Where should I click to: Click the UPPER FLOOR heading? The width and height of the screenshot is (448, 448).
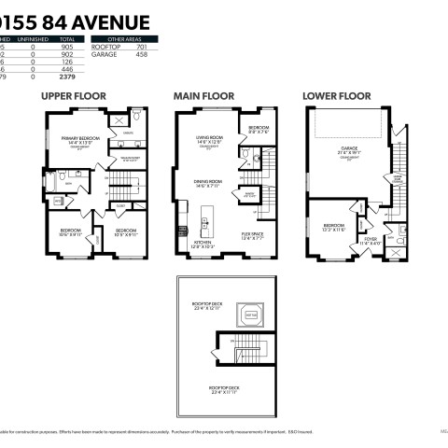click(x=73, y=95)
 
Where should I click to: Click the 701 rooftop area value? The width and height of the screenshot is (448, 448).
click(x=142, y=47)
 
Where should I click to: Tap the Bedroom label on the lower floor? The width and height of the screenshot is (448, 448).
click(x=333, y=227)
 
